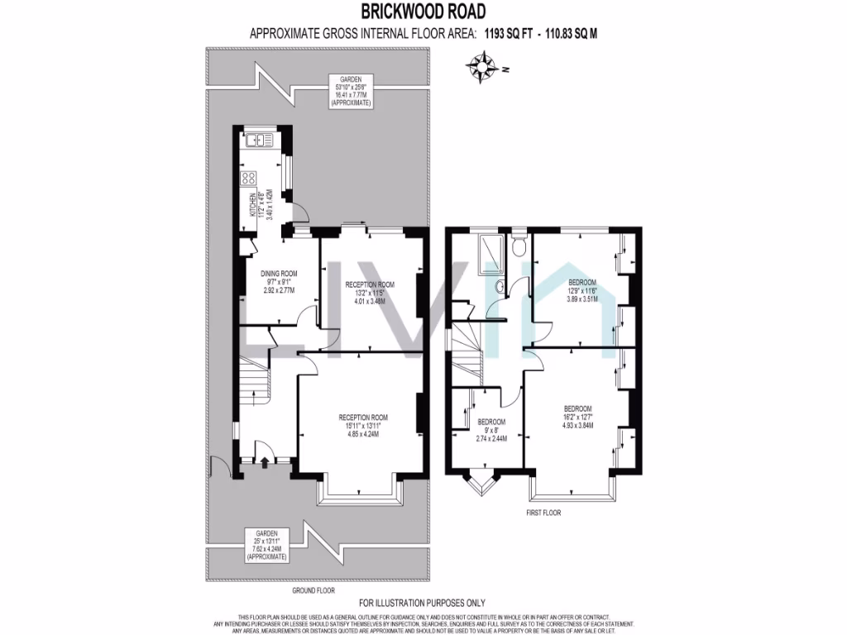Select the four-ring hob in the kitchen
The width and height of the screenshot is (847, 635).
coord(247,179)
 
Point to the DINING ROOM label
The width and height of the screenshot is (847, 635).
coord(279,274)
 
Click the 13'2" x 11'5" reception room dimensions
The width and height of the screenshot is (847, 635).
coord(370,292)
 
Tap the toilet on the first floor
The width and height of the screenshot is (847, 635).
coord(518,246)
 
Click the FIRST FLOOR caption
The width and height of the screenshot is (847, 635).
coord(543,513)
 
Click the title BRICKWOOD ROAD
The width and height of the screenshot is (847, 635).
coord(423,12)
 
